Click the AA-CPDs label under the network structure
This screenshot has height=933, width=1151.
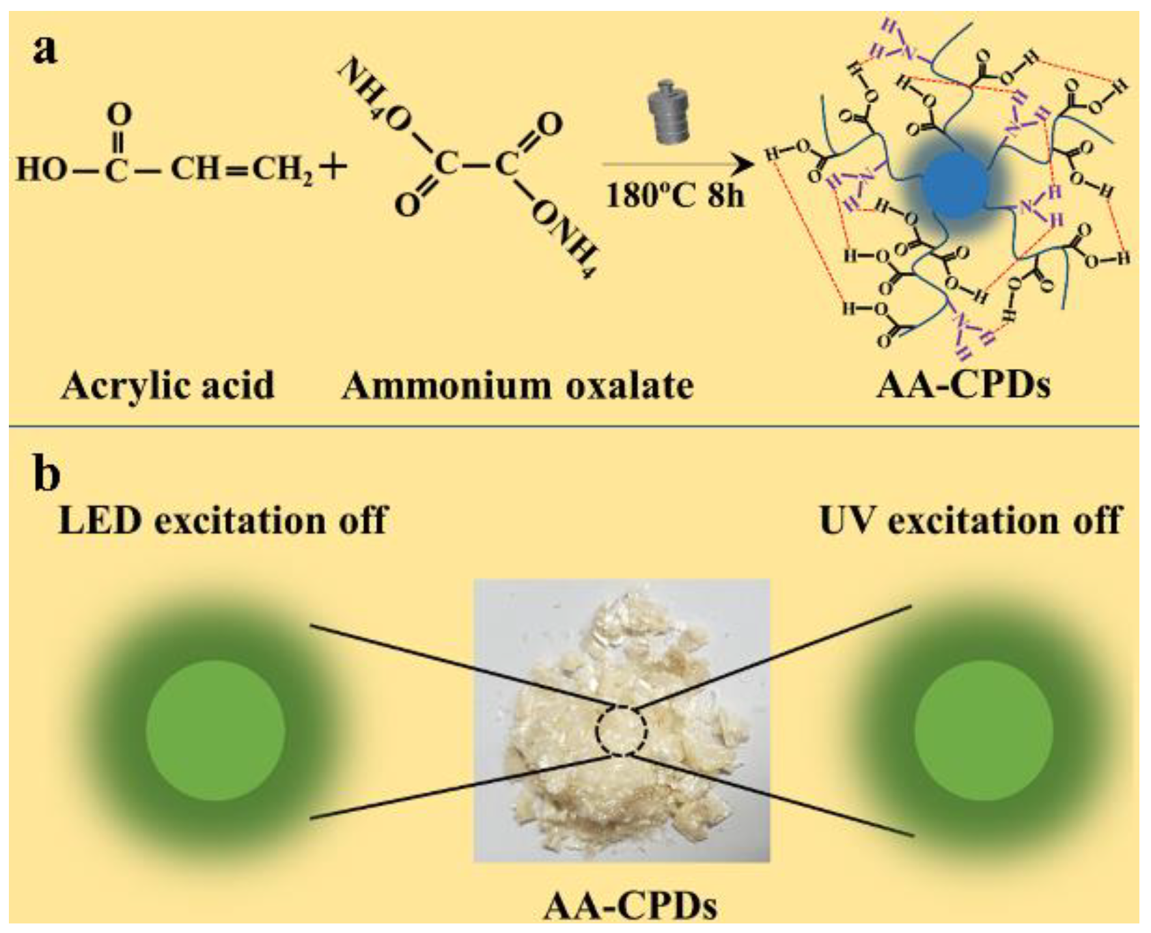pyautogui.click(x=963, y=385)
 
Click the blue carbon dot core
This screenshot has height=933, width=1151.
pyautogui.click(x=955, y=184)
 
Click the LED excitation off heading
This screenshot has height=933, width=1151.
pyautogui.click(x=223, y=520)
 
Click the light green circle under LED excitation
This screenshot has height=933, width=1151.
pyautogui.click(x=215, y=731)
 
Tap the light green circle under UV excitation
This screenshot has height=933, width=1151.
pyautogui.click(x=984, y=731)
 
